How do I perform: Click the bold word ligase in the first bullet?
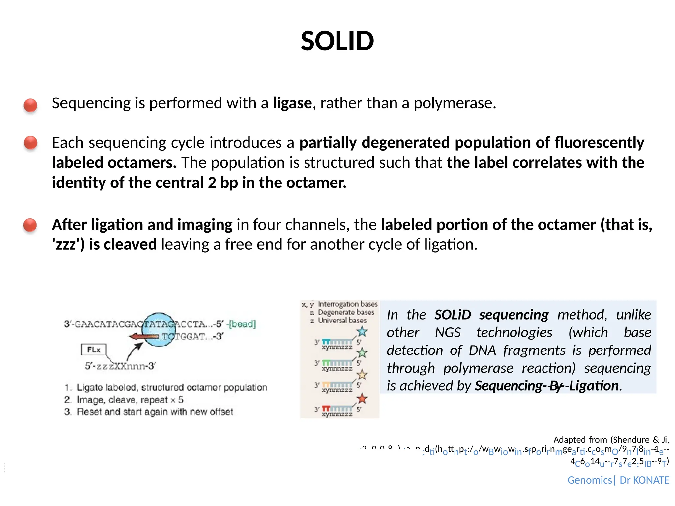pyautogui.click(x=292, y=103)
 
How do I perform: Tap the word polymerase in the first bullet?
pyautogui.click(x=454, y=103)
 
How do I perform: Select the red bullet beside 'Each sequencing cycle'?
pyautogui.click(x=31, y=143)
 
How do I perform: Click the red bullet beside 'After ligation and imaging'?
pyautogui.click(x=30, y=225)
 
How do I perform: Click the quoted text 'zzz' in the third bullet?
pyautogui.click(x=68, y=245)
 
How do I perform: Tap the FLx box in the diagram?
pyautogui.click(x=94, y=350)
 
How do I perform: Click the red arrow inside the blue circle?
pyautogui.click(x=144, y=336)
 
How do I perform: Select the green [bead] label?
pyautogui.click(x=243, y=324)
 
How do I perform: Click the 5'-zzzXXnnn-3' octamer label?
pyautogui.click(x=120, y=366)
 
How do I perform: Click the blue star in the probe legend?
pyautogui.click(x=362, y=331)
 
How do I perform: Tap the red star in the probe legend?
pyautogui.click(x=362, y=399)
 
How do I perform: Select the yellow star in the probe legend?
pyautogui.click(x=362, y=374)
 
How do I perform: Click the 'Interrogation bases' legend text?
pyautogui.click(x=347, y=304)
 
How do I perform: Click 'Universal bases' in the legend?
pyautogui.click(x=342, y=320)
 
